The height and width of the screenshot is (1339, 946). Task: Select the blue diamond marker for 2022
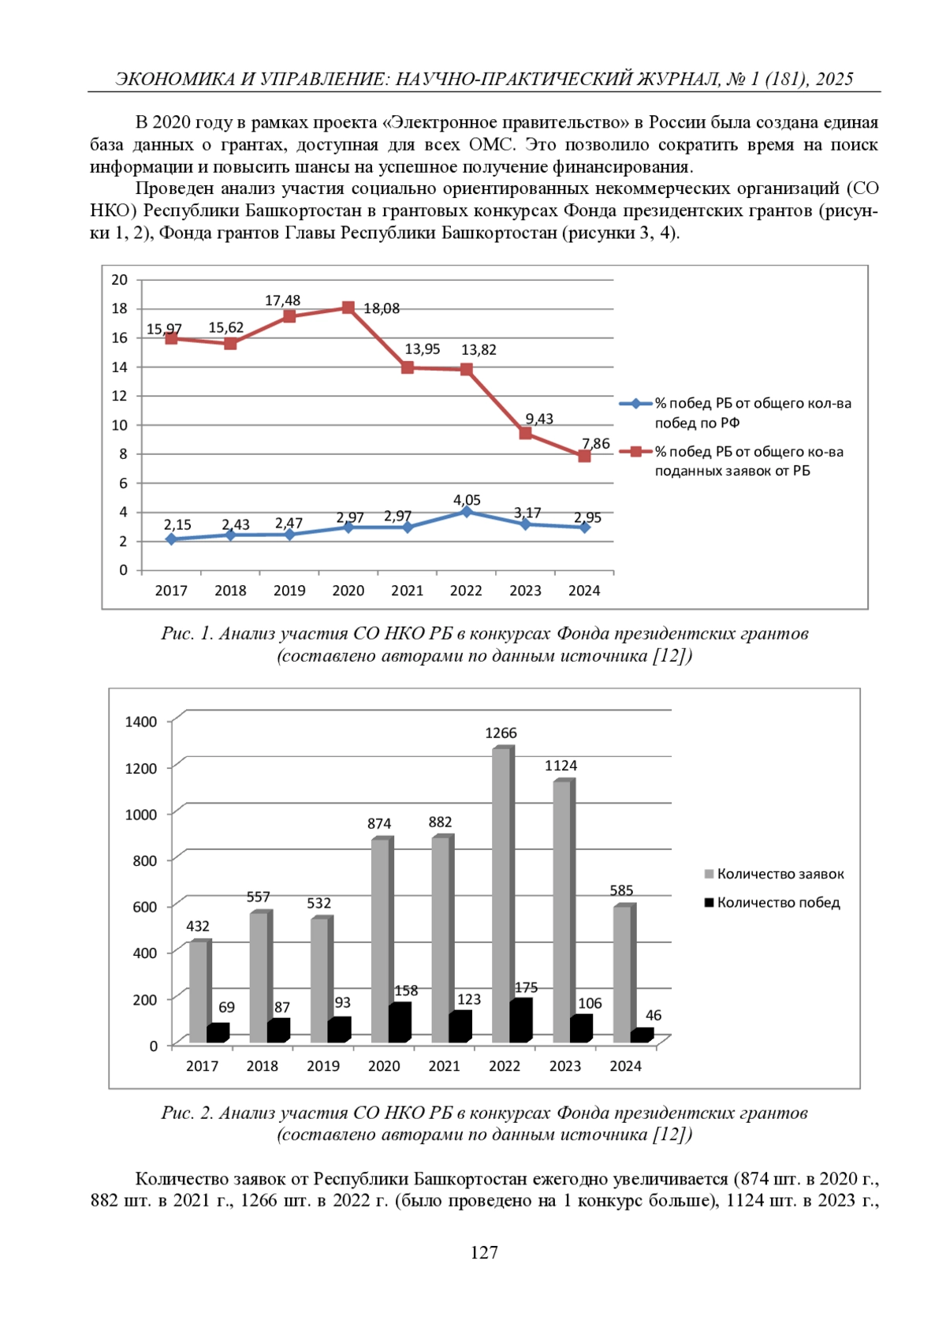467,512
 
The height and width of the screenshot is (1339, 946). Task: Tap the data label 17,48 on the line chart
282,300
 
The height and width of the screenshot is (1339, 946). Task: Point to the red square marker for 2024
584,456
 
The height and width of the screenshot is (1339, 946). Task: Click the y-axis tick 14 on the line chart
119,367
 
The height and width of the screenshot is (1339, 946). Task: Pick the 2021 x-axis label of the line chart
407,591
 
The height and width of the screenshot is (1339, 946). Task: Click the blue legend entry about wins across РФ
753,412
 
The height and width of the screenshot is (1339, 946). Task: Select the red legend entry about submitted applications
749,461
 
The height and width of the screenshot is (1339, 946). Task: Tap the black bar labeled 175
520,1021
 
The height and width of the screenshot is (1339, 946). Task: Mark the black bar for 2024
641,1036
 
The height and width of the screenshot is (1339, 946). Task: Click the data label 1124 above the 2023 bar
561,766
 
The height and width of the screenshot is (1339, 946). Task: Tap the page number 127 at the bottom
484,1252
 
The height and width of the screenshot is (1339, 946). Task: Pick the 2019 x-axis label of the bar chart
323,1066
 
